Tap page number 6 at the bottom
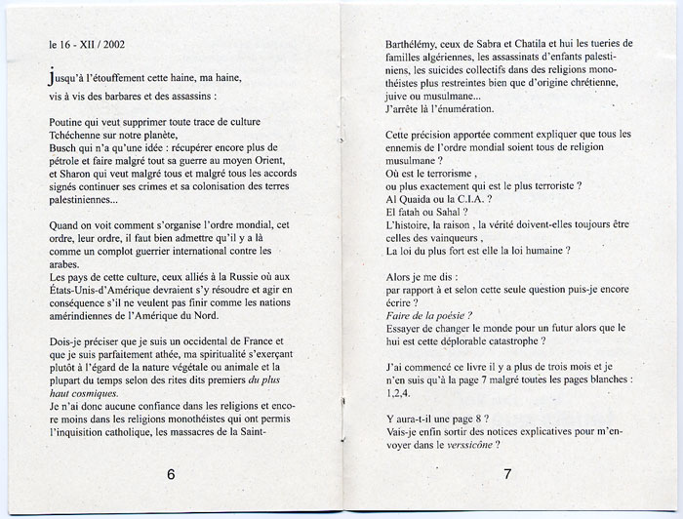click(171, 475)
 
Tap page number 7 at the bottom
click(507, 475)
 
